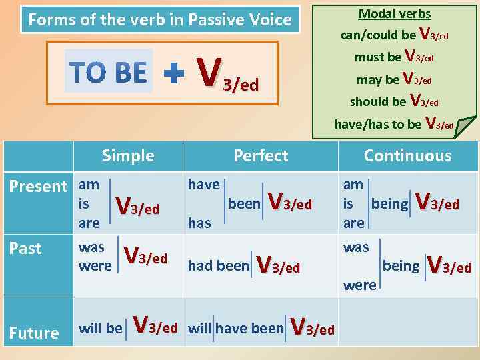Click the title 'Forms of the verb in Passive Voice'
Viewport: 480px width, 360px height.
point(159,20)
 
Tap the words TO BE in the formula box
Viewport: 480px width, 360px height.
point(108,72)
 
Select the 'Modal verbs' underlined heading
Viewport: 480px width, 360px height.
point(395,13)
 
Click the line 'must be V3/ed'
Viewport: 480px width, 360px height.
point(394,57)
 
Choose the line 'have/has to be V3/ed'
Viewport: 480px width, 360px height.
point(394,123)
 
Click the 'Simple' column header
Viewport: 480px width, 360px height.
point(127,156)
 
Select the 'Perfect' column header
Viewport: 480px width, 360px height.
point(261,156)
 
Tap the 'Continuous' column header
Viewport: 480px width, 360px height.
point(407,156)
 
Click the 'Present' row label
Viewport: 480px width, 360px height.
point(38,187)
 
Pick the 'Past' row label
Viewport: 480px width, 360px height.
point(25,249)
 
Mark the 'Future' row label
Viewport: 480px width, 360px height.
point(33,333)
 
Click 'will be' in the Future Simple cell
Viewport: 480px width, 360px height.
point(101,328)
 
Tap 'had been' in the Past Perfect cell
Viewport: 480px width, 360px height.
point(217,266)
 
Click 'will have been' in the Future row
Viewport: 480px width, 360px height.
point(235,328)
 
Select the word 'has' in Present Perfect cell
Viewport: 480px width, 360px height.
point(199,223)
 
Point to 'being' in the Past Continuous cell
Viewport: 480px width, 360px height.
point(401,266)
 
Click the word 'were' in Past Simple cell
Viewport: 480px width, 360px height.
point(95,266)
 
